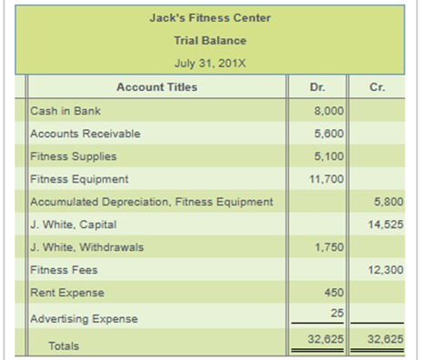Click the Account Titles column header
pyautogui.click(x=156, y=87)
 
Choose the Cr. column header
pyautogui.click(x=379, y=87)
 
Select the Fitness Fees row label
pyautogui.click(x=62, y=270)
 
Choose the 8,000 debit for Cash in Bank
pyautogui.click(x=328, y=111)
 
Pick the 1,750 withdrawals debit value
pyautogui.click(x=328, y=246)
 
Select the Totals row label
pyautogui.click(x=64, y=345)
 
